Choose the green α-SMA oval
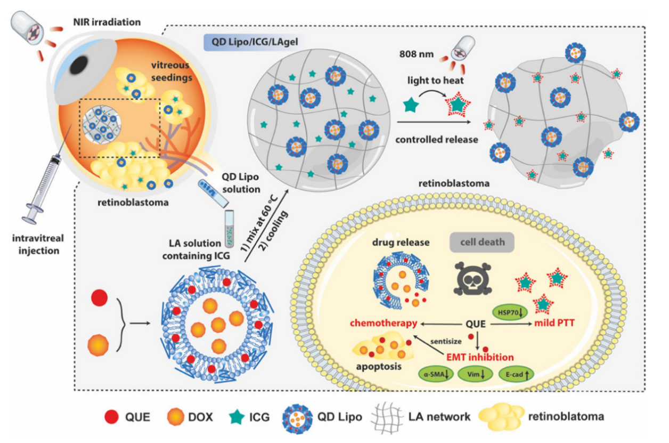pyautogui.click(x=436, y=375)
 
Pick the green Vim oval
pyautogui.click(x=476, y=375)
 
